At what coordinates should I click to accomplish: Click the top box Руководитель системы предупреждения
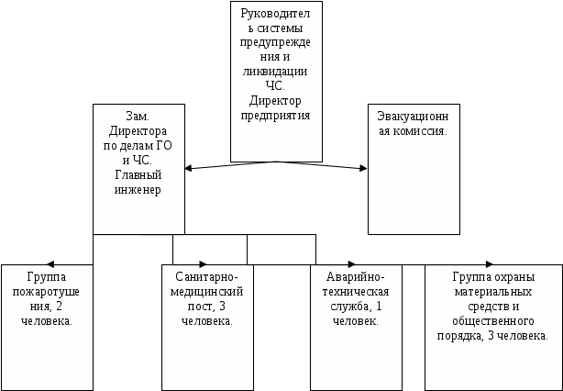275,81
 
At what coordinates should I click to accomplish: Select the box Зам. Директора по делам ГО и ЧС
138,169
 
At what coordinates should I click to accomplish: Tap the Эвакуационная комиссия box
413,169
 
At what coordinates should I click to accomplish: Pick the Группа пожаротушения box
47,327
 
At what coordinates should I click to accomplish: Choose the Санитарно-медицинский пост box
207,327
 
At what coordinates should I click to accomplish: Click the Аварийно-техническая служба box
355,327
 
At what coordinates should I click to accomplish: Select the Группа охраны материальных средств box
492,327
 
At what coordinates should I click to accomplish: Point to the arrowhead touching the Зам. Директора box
189,168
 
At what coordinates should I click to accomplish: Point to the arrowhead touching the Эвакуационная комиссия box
362,168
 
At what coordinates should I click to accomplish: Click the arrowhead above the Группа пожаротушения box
50,264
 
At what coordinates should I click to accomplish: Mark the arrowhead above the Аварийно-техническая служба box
353,264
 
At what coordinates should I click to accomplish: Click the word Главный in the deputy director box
138,175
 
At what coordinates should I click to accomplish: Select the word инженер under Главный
138,189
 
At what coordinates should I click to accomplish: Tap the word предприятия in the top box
276,117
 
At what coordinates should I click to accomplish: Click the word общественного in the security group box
493,321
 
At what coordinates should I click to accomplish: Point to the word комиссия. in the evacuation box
412,131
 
